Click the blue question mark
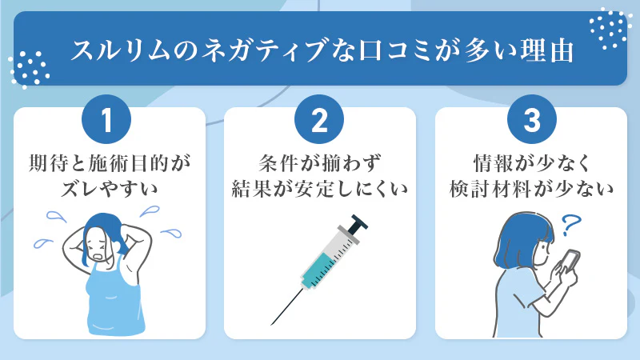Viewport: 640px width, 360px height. pyautogui.click(x=570, y=226)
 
